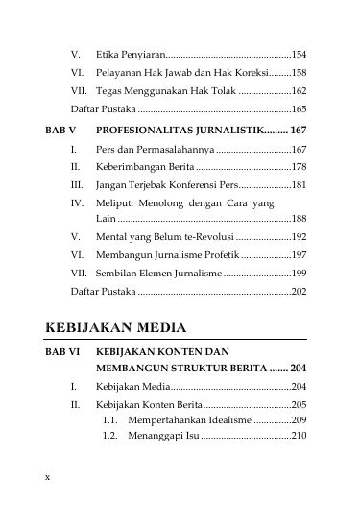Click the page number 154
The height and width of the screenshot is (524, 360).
[299, 55]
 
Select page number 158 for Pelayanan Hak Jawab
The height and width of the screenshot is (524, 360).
[299, 73]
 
